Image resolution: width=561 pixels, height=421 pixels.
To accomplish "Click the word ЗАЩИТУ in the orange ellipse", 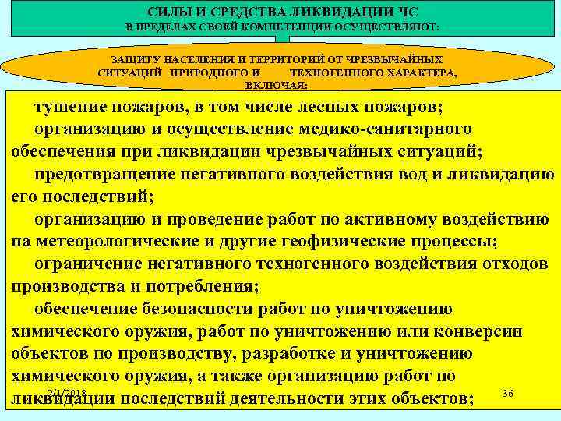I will coord(139,59).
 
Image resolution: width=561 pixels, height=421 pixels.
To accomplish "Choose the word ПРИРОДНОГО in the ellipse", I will coord(216,72).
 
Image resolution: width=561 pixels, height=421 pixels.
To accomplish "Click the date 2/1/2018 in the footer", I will coord(66,391).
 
